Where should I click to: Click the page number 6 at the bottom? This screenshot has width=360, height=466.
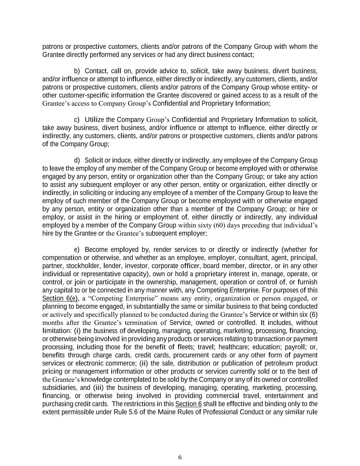click(180, 457)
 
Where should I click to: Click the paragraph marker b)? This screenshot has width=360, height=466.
click(77, 71)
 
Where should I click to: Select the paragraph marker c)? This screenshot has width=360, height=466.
click(77, 120)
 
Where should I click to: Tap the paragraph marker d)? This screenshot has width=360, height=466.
click(77, 160)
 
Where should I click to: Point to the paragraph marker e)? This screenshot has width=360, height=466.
click(77, 250)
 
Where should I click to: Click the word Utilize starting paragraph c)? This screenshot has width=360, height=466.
click(94, 120)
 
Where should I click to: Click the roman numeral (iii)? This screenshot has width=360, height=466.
click(99, 388)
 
